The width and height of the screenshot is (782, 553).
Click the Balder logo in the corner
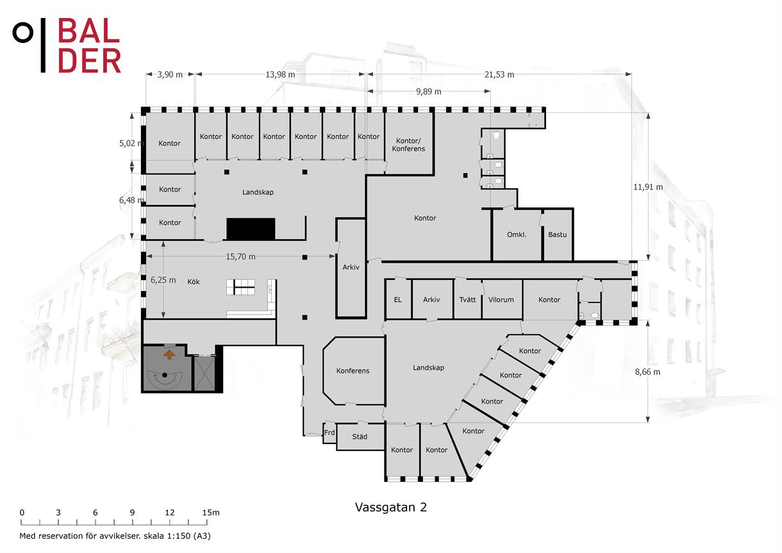(67, 45)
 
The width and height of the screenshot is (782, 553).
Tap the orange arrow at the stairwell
(169, 355)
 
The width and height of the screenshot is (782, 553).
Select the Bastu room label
(557, 235)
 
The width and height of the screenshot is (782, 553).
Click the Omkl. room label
(517, 235)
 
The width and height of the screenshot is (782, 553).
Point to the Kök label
(194, 281)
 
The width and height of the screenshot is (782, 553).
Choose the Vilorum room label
(501, 300)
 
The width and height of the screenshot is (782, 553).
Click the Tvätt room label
(467, 300)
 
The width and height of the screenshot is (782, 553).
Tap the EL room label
(397, 300)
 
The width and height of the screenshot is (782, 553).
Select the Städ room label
(360, 436)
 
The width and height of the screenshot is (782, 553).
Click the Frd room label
(329, 433)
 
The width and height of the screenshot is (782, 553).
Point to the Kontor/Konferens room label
(408, 145)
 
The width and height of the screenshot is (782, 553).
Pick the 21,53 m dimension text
(499, 74)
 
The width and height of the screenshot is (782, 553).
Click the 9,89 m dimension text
(429, 92)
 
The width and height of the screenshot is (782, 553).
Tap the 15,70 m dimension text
(240, 257)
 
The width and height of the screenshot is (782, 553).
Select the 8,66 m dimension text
(647, 372)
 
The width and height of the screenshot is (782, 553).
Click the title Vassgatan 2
(391, 507)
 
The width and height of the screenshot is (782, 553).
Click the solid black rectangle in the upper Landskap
(251, 229)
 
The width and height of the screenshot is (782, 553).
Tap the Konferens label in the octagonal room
(353, 370)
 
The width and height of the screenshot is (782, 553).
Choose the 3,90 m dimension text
(170, 74)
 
